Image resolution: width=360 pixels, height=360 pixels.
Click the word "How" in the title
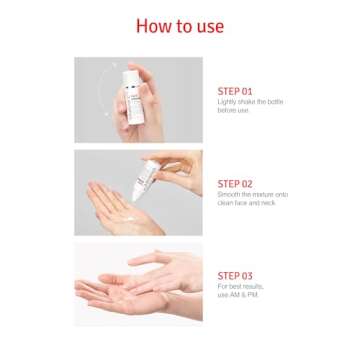point(153,26)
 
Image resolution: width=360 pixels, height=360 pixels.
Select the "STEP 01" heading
point(236,90)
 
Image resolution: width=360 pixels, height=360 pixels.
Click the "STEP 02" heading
point(236,184)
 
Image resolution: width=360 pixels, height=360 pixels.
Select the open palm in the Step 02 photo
point(115,205)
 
